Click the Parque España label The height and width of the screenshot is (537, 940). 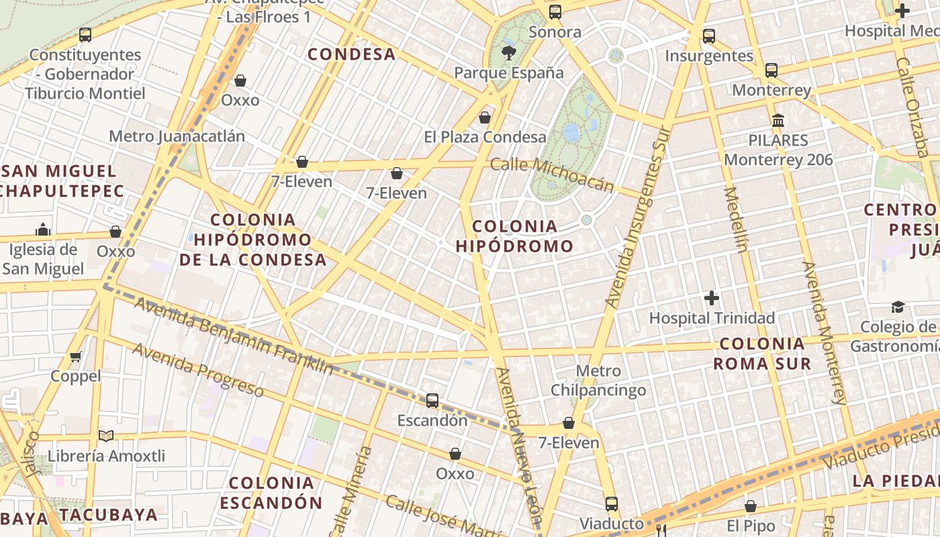508,72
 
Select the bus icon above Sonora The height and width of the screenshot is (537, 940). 555,12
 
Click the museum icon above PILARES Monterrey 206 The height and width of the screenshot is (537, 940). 778,121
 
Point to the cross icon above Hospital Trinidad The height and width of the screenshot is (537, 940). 712,297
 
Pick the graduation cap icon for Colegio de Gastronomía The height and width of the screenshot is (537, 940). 898,307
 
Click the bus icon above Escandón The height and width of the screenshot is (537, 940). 432,401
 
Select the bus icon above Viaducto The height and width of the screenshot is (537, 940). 611,503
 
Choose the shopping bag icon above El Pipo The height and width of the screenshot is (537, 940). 751,506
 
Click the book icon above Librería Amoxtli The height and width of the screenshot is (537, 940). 106,436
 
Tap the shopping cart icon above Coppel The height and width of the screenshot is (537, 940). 76,356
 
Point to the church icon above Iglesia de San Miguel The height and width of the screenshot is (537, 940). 43,230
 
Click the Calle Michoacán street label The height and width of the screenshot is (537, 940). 552,174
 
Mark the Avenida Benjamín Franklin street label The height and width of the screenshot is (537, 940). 234,336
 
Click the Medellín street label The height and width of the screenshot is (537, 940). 737,219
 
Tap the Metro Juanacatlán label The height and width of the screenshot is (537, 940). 177,136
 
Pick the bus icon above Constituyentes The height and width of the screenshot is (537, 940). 85,35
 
